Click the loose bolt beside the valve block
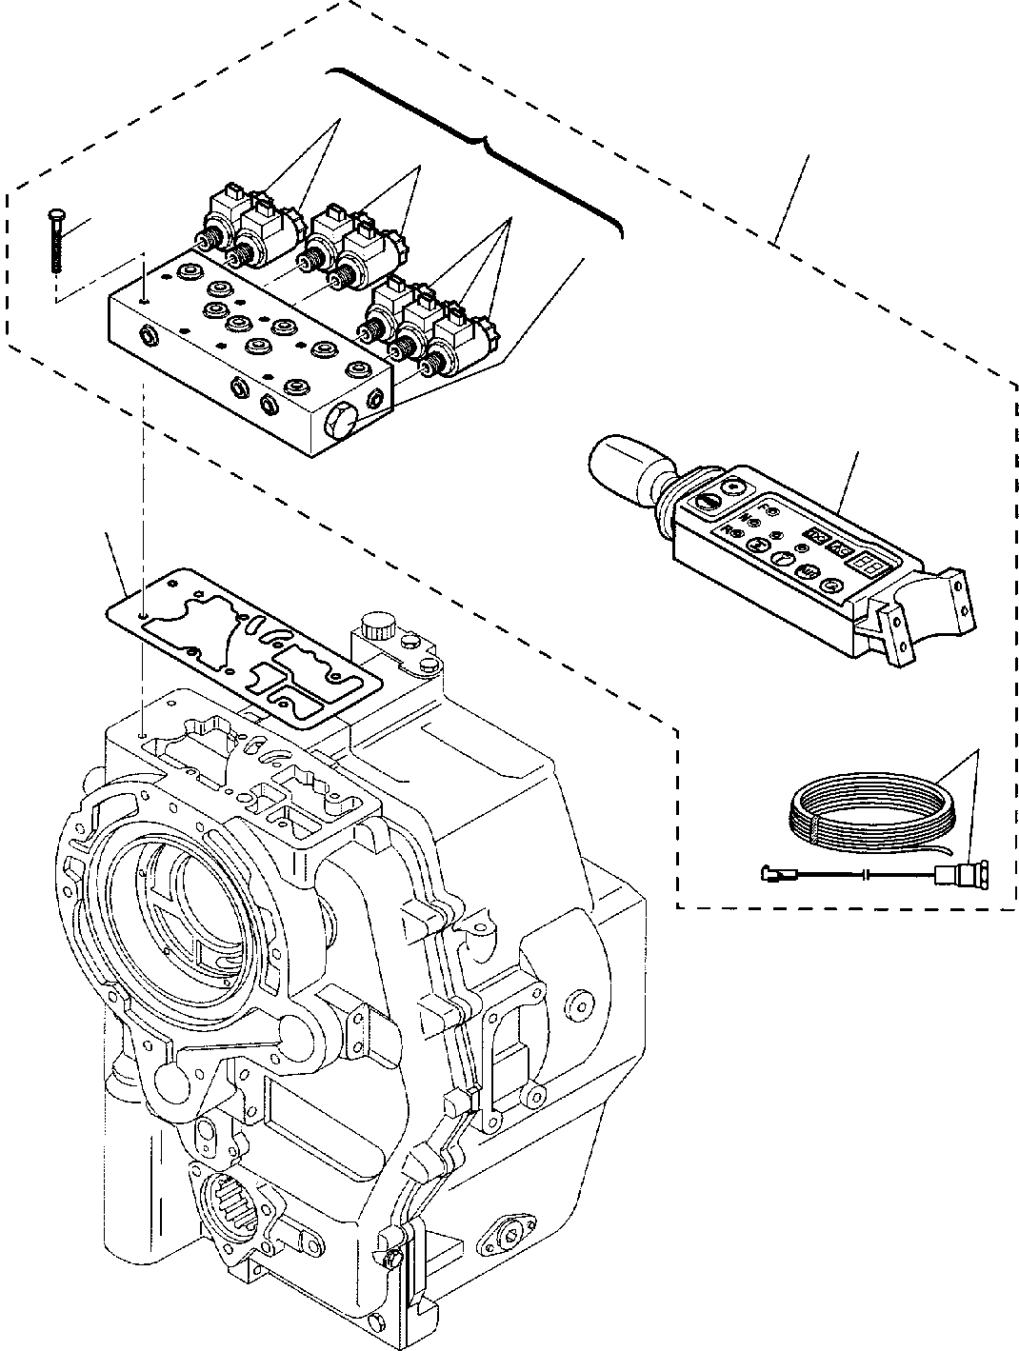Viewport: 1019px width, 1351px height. point(52,243)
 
